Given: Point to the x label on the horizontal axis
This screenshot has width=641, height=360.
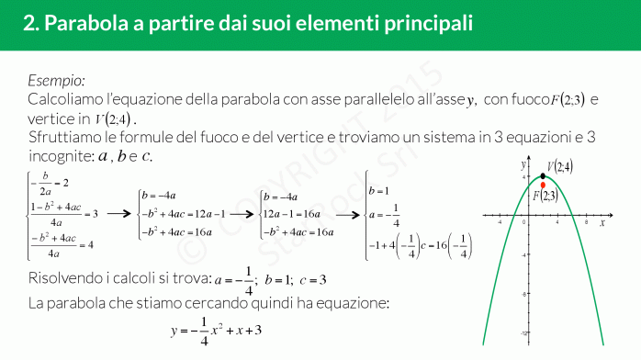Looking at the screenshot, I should [602, 221].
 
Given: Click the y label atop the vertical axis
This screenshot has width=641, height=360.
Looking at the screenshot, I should [522, 163].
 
